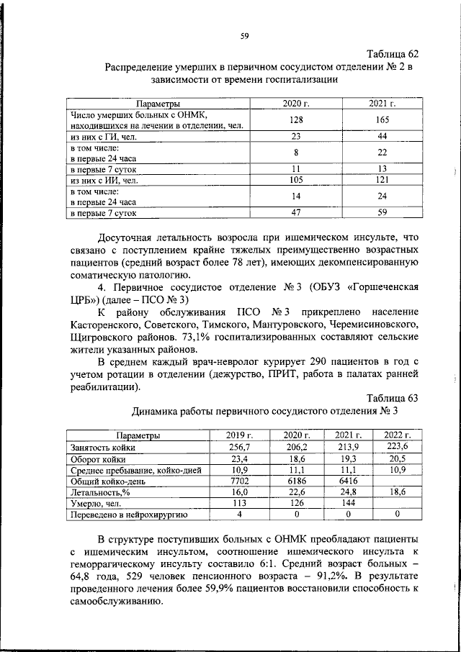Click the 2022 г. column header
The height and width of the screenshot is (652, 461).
pyautogui.click(x=397, y=435)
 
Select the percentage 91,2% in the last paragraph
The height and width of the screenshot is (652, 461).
pyautogui.click(x=307, y=577)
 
